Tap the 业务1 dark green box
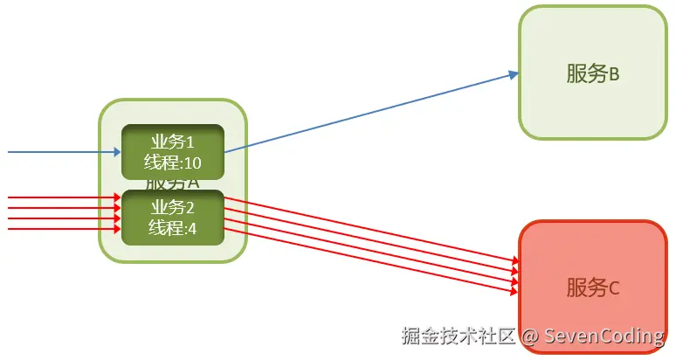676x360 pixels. click(173, 152)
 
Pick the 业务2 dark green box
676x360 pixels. click(173, 218)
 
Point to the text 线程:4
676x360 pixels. click(173, 228)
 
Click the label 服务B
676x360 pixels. click(592, 73)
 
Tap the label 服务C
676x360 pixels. click(592, 287)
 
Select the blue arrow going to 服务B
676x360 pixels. click(367, 114)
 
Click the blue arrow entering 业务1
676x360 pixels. click(61, 152)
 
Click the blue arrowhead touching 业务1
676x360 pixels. click(115, 152)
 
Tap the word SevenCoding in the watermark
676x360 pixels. click(604, 336)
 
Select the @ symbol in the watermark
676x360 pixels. click(529, 336)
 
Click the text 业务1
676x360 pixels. click(173, 142)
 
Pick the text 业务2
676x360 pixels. click(173, 208)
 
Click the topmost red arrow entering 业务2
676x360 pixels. click(61, 198)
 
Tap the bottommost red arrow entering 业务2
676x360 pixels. click(61, 229)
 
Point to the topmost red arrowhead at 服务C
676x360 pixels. click(515, 260)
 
